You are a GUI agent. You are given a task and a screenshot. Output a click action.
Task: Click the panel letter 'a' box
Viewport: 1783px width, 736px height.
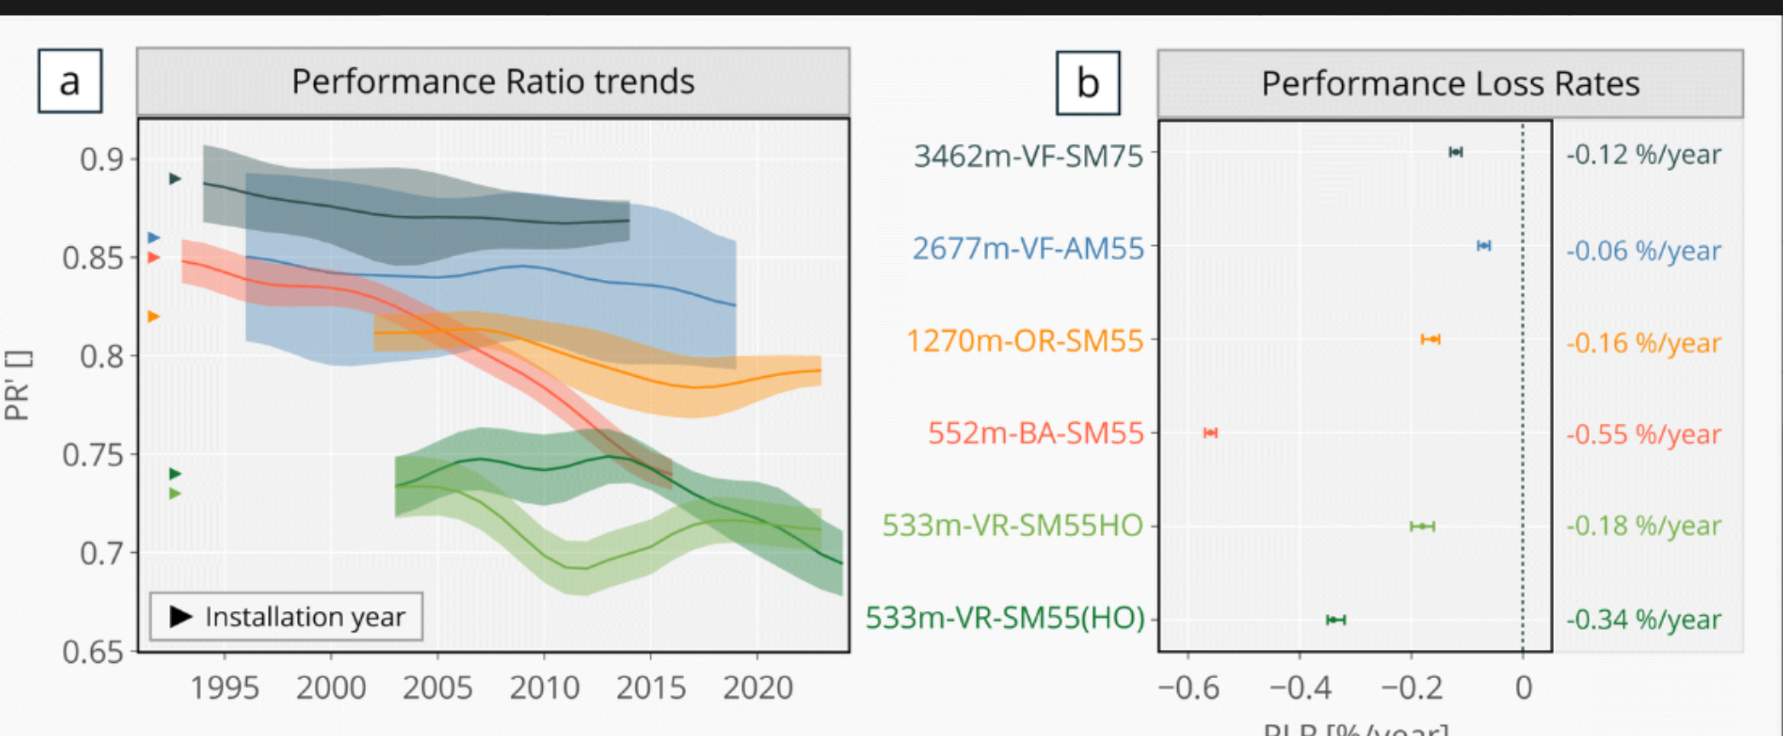click(x=70, y=82)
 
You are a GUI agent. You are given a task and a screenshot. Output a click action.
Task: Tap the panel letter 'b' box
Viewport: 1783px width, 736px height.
click(x=1088, y=83)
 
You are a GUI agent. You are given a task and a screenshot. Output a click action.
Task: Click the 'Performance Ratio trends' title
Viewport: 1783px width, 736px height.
click(x=493, y=82)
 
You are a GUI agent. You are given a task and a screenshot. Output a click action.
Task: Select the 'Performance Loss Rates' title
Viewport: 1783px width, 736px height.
click(x=1449, y=83)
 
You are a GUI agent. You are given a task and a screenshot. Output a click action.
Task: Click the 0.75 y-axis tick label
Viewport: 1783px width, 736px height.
click(x=93, y=455)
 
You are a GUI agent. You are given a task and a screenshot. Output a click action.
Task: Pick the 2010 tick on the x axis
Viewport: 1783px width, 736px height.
click(x=545, y=687)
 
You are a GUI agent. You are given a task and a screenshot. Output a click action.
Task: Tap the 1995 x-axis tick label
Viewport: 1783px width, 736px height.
click(x=225, y=687)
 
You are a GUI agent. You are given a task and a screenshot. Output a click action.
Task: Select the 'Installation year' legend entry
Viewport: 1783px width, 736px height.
click(x=287, y=616)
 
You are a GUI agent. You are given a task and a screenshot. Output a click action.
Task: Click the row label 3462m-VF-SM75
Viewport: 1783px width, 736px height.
click(x=1028, y=156)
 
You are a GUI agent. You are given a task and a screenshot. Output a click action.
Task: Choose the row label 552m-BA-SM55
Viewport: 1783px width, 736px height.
click(x=1035, y=433)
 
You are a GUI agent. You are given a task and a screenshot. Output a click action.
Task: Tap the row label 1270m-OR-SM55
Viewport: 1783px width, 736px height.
click(x=1025, y=340)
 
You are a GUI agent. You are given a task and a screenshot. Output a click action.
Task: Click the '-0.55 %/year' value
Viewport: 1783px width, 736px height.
click(x=1643, y=434)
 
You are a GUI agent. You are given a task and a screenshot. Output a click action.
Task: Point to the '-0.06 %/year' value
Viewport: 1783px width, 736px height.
click(x=1643, y=250)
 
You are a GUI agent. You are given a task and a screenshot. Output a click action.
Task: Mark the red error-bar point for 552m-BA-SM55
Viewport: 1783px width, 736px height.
click(x=1210, y=433)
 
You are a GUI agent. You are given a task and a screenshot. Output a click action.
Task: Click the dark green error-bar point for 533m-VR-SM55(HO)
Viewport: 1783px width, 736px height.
click(x=1335, y=619)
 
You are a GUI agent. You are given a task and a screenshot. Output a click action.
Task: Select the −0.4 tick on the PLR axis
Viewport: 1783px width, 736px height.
click(x=1300, y=687)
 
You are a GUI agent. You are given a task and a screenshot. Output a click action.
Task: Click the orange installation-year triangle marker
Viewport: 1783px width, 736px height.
click(x=154, y=317)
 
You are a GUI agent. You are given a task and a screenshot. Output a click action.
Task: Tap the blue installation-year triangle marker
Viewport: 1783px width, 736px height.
click(x=154, y=237)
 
